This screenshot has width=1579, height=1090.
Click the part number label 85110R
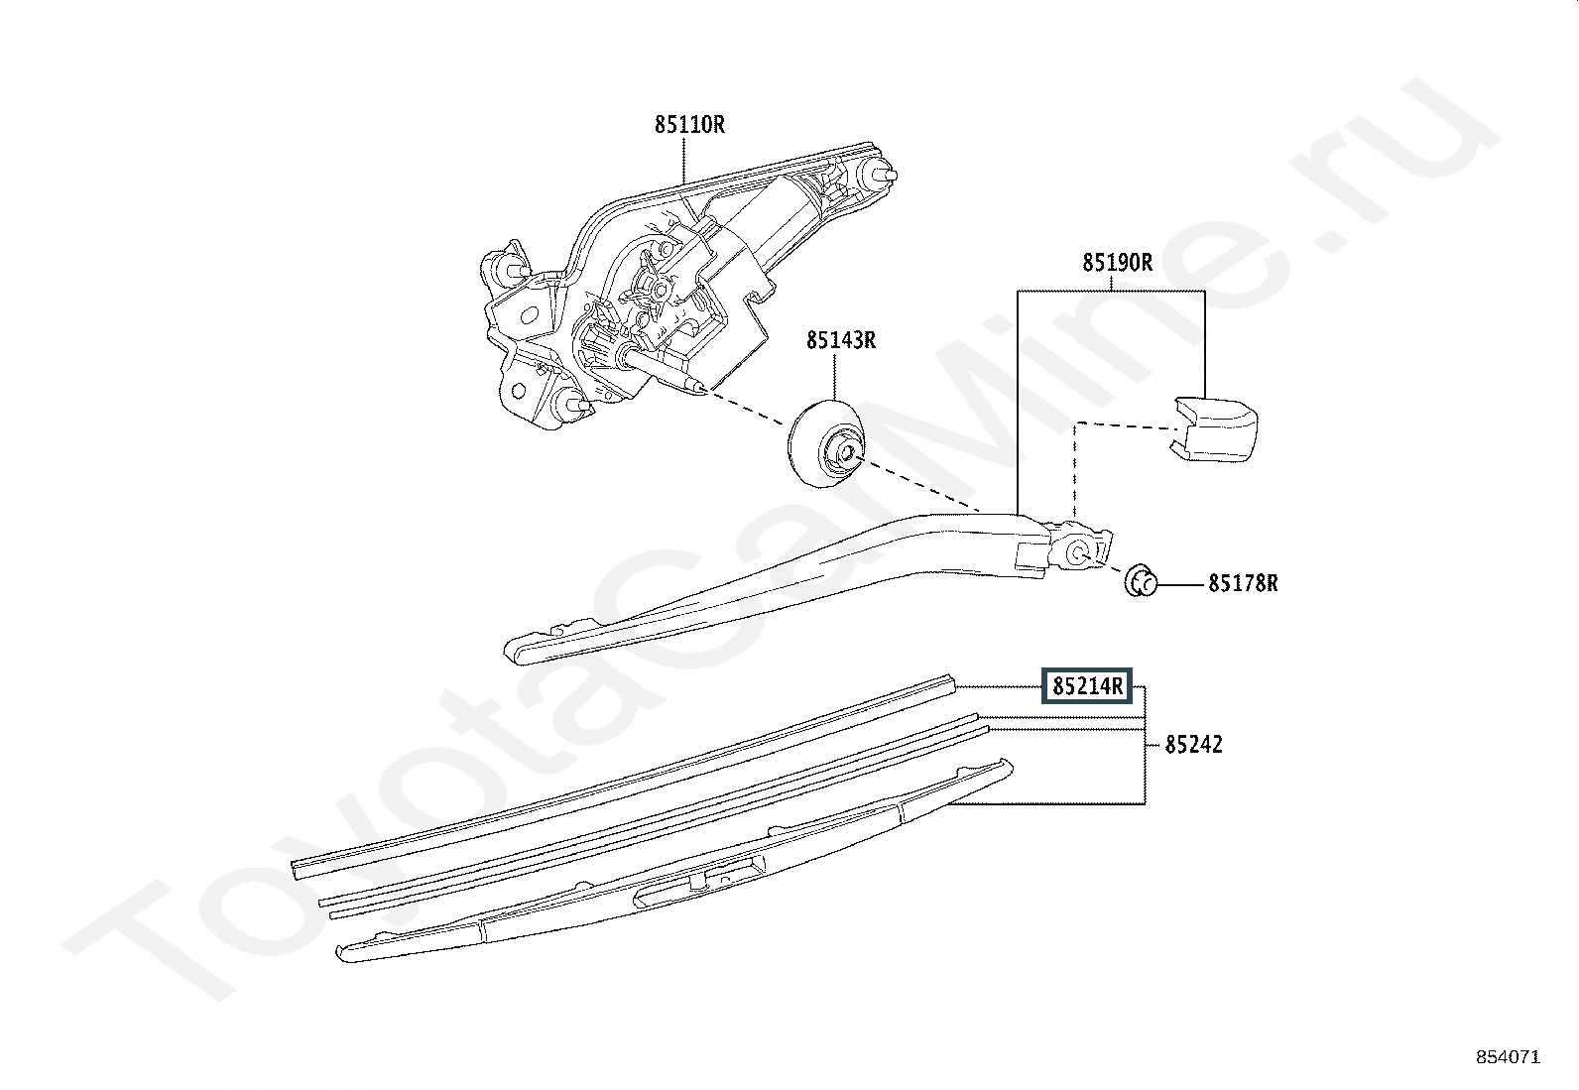click(x=688, y=125)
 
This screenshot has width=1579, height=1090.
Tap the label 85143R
click(x=840, y=340)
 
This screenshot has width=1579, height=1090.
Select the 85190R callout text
click(x=1116, y=263)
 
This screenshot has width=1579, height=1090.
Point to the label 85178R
click(x=1242, y=583)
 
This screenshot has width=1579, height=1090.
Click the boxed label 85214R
click(x=1086, y=685)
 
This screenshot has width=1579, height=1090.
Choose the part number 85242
click(x=1193, y=744)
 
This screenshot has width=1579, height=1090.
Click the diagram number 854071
click(x=1508, y=1057)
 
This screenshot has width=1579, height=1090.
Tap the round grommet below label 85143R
click(x=826, y=443)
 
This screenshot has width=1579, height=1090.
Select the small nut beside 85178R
click(x=1141, y=580)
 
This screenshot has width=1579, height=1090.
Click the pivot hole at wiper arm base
click(x=1081, y=550)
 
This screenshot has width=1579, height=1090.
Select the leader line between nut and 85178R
click(x=1180, y=584)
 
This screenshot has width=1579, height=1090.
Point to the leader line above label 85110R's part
click(x=684, y=159)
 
